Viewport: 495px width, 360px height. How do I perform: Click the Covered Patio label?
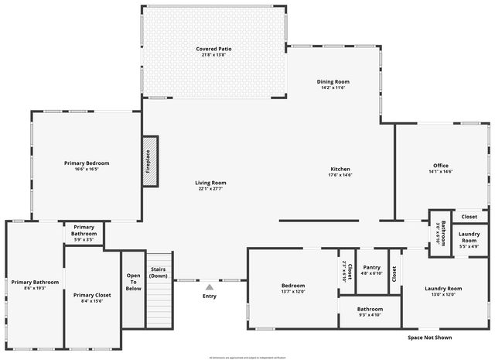tap(213, 49)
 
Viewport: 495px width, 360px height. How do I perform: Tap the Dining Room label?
tap(333, 81)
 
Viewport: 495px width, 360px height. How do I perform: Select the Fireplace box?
tap(149, 161)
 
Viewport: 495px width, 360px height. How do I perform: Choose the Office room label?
tap(440, 166)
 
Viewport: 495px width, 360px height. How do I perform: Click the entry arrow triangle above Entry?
tap(209, 287)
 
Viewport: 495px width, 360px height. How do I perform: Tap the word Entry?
tap(210, 296)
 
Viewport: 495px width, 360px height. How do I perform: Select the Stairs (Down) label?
tap(158, 273)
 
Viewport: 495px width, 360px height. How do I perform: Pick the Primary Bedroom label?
tap(86, 163)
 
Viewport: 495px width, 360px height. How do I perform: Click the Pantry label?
tap(371, 267)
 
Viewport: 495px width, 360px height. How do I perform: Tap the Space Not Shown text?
tap(429, 338)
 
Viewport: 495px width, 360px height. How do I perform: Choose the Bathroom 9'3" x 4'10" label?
tap(370, 310)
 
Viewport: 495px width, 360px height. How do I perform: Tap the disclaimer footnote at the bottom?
tap(247, 357)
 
